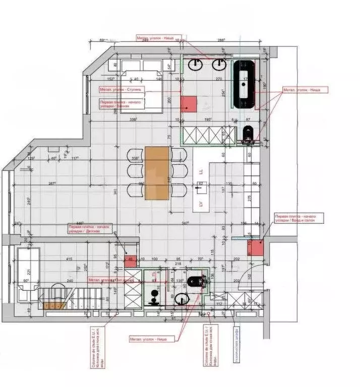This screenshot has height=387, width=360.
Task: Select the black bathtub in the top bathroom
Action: tap(245, 83)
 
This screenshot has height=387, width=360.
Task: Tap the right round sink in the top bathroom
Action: tap(219, 64)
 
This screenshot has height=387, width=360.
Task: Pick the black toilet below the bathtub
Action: tap(249, 133)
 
